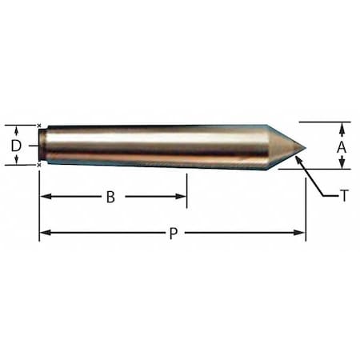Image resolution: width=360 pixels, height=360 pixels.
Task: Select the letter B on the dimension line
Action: point(110,197)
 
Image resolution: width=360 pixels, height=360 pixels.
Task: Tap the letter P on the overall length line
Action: point(172,233)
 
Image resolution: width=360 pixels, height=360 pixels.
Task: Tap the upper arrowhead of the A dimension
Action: point(342,126)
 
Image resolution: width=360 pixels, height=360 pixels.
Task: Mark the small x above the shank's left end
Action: point(39,125)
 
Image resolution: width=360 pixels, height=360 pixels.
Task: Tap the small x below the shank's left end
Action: point(39,165)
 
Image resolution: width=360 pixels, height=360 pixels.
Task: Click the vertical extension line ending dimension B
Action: point(186,188)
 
